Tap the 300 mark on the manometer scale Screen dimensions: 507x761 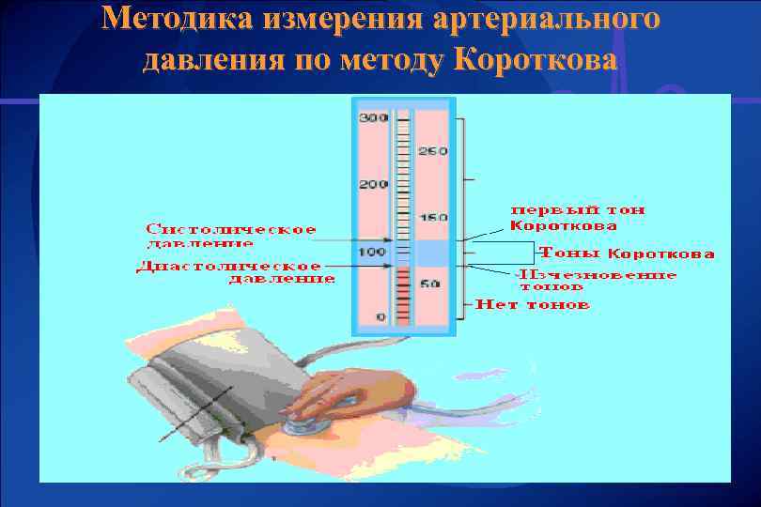tap(373, 117)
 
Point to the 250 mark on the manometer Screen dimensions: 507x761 tap(433, 151)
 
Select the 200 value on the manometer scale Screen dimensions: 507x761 tap(373, 184)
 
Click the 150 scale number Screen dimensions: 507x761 tap(433, 217)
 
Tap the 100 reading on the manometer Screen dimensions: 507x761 tap(373, 252)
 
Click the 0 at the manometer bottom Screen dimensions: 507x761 tap(380, 317)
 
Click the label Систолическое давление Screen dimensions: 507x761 tap(229, 236)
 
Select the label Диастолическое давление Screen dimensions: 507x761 tap(235, 271)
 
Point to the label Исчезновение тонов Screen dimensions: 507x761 tap(598, 280)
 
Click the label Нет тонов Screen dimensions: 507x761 tap(532, 304)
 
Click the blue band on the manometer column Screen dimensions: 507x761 tap(433, 253)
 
